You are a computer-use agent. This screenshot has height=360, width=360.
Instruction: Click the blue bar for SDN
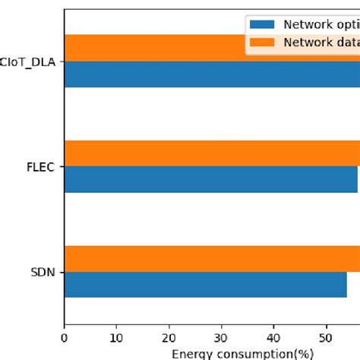coord(205,284)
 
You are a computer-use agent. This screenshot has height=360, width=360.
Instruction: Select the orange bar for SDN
coord(212,259)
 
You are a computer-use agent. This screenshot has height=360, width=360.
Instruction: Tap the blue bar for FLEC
coord(210,179)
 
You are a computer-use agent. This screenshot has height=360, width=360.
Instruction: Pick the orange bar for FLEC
coord(212,153)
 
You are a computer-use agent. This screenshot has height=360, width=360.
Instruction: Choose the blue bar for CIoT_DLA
coord(212,74)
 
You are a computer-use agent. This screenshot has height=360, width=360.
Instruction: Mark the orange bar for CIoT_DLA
coord(152,48)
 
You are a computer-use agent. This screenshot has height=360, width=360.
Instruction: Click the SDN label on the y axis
coord(42,272)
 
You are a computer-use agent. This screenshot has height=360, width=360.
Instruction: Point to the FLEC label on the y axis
coord(40,166)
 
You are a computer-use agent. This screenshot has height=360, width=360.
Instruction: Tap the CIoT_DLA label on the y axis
coord(30,62)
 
